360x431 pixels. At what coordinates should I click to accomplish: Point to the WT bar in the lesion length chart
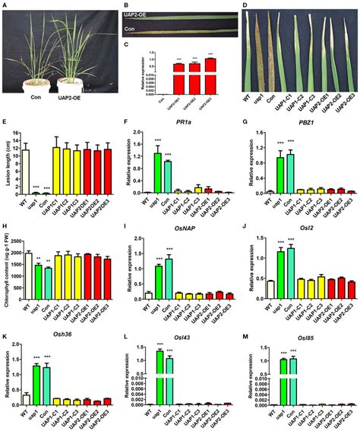[24, 171]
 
